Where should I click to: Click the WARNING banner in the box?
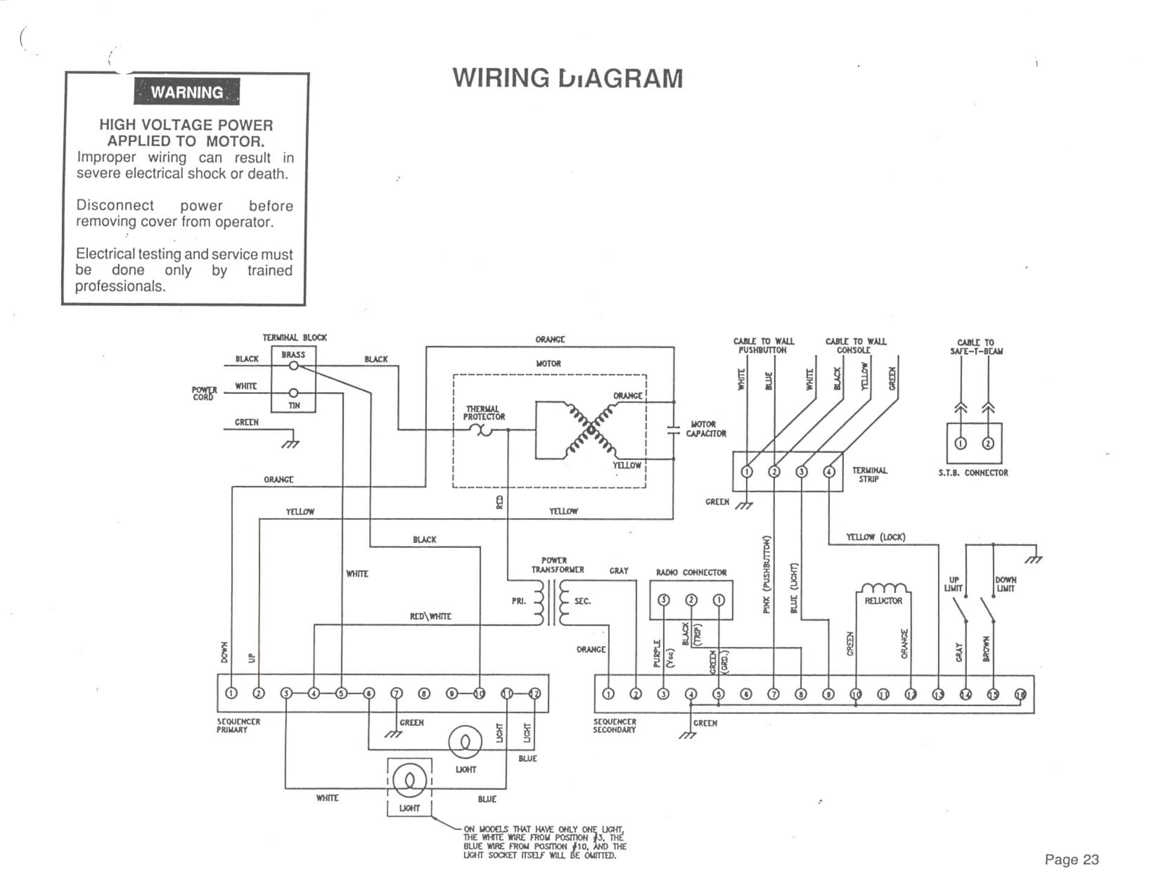187,92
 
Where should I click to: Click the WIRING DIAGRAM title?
568,78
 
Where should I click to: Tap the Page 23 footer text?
1071,859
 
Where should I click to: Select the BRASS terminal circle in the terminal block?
294,366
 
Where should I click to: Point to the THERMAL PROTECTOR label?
484,413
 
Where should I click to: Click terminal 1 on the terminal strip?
747,471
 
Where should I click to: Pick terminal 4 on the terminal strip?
829,471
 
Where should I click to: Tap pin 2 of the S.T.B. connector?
988,444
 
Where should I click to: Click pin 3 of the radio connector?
663,600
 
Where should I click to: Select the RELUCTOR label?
883,601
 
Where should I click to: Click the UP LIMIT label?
954,584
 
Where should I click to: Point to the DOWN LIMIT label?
1005,584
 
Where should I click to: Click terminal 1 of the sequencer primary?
232,693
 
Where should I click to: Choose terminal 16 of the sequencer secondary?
1021,694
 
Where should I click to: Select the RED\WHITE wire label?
430,617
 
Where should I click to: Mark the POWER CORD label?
204,393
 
